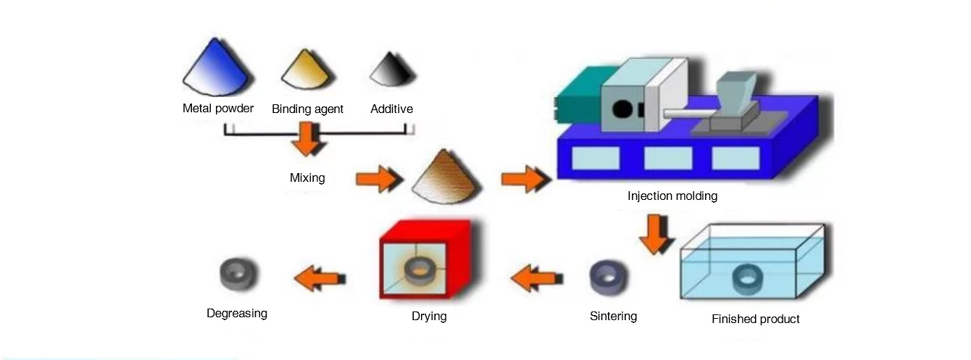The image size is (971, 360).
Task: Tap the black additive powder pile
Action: click(x=392, y=72)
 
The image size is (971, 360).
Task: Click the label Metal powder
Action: click(x=218, y=109)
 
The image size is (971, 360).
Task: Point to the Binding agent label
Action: click(x=307, y=109)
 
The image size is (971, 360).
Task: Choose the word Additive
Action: click(x=391, y=109)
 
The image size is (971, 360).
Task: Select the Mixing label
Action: click(x=307, y=177)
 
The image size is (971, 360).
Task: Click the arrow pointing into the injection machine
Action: click(x=524, y=177)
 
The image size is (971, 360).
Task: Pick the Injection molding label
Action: click(x=672, y=196)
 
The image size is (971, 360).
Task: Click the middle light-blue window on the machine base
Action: click(x=667, y=157)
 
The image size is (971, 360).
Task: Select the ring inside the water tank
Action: click(x=747, y=278)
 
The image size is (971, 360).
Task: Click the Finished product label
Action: click(x=755, y=319)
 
